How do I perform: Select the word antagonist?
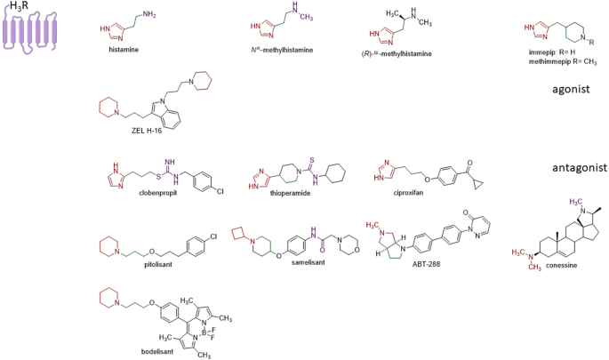(574, 167)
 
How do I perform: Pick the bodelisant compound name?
(132, 353)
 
